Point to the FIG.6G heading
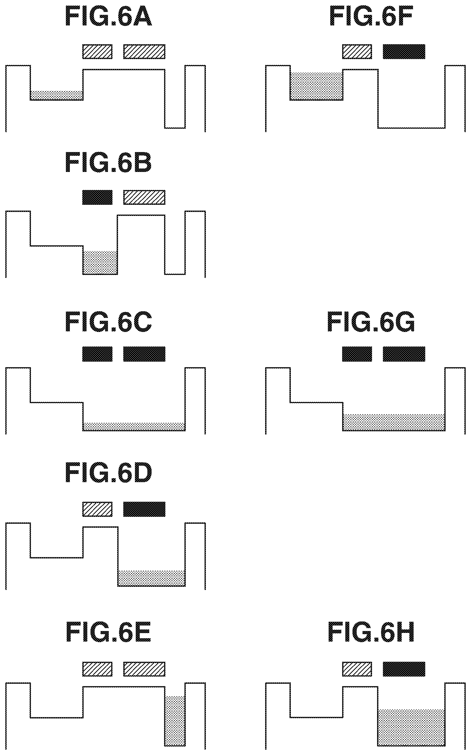click(x=371, y=322)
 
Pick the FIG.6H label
click(x=371, y=633)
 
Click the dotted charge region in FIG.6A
click(x=57, y=95)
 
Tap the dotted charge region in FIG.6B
click(x=100, y=263)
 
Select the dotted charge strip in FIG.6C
click(x=134, y=426)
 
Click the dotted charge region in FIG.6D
click(x=151, y=578)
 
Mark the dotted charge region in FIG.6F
click(x=316, y=86)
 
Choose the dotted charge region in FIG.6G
click(x=394, y=422)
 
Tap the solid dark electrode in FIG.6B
click(x=97, y=197)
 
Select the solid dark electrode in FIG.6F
click(x=404, y=51)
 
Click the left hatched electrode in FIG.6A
click(x=97, y=51)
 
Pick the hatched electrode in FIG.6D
click(x=97, y=509)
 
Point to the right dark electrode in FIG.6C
click(x=144, y=354)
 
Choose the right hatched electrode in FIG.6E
click(x=144, y=669)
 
